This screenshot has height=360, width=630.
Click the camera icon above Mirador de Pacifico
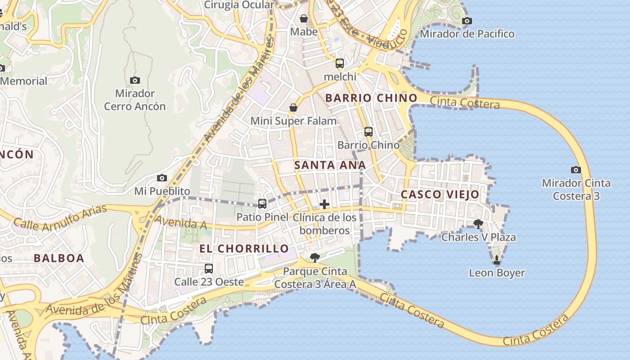467,21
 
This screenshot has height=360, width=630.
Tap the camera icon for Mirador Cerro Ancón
135,80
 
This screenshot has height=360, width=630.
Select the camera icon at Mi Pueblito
162,178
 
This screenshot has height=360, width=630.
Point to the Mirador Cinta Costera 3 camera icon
576,170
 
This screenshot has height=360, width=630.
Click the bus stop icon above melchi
340,63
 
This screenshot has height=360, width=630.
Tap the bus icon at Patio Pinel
262,203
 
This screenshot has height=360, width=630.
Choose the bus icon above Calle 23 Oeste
209,269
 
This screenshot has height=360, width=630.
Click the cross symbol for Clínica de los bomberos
324,204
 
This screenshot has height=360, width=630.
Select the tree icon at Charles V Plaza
478,224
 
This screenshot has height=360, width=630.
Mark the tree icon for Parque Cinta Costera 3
315,258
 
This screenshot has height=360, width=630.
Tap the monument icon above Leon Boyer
497,260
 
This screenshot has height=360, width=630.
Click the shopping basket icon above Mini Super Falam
293,108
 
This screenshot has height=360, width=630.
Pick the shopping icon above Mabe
304,18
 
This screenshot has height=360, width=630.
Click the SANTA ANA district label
330,165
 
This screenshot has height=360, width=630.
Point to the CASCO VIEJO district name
440,194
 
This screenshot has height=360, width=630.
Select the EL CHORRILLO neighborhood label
244,248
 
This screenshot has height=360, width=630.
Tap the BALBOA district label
59,258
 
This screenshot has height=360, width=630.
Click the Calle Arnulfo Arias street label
60,218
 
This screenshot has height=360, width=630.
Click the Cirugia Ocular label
239,5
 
